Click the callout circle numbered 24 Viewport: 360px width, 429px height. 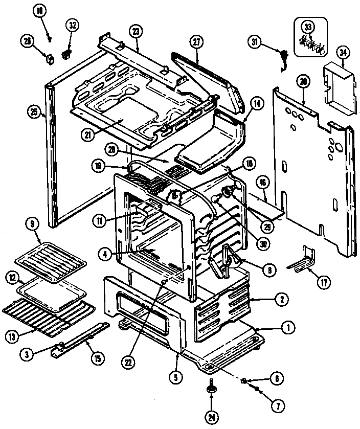pyautogui.click(x=211, y=417)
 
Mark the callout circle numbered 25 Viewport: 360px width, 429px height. pyautogui.click(x=34, y=111)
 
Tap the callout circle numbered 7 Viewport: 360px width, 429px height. pyautogui.click(x=277, y=407)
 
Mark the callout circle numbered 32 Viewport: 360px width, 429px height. pyautogui.click(x=72, y=25)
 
